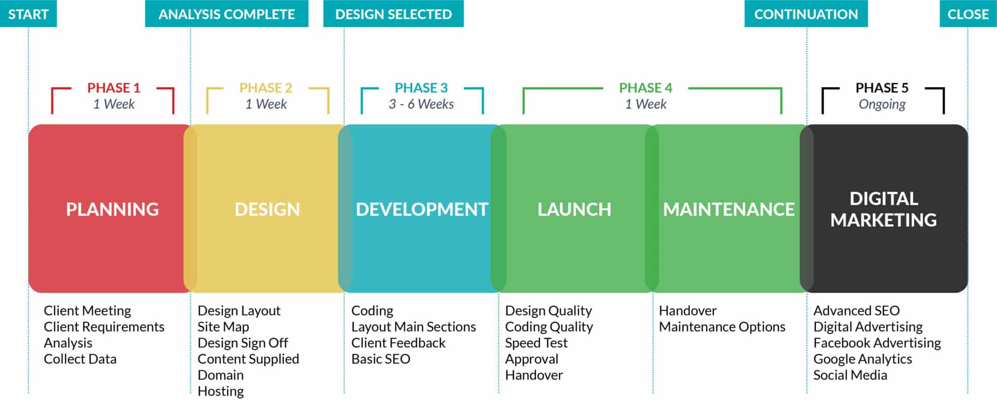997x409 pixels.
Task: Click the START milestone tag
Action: click(28, 14)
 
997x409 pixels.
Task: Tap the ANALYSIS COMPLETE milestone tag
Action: click(226, 14)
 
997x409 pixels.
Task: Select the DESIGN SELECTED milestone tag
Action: click(393, 14)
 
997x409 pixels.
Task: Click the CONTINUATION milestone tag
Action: click(806, 14)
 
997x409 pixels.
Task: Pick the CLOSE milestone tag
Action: click(968, 14)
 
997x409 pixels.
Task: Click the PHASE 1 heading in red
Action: click(113, 88)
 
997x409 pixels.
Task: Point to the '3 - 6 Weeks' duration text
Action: click(421, 104)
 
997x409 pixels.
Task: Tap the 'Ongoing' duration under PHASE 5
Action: click(882, 104)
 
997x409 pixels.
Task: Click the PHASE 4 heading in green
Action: click(645, 88)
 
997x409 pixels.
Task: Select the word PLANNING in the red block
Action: click(112, 209)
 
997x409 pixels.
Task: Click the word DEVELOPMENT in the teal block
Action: click(422, 209)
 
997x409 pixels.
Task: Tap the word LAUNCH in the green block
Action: click(574, 209)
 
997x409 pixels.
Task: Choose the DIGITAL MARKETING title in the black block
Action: click(883, 209)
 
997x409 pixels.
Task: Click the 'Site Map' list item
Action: click(223, 327)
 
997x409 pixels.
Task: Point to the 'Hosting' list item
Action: click(221, 391)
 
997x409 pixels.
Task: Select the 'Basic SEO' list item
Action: click(381, 359)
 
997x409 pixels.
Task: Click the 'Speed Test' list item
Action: click(536, 343)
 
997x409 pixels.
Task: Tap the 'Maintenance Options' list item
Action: click(722, 327)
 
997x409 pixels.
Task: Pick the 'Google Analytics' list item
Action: click(863, 359)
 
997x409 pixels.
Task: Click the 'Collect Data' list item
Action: click(80, 359)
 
